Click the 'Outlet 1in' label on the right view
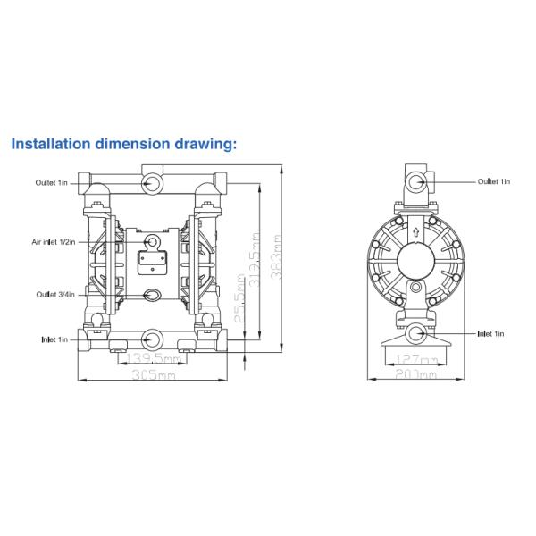493,181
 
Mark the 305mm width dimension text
151,375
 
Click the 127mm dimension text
414,360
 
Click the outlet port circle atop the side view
416,182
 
